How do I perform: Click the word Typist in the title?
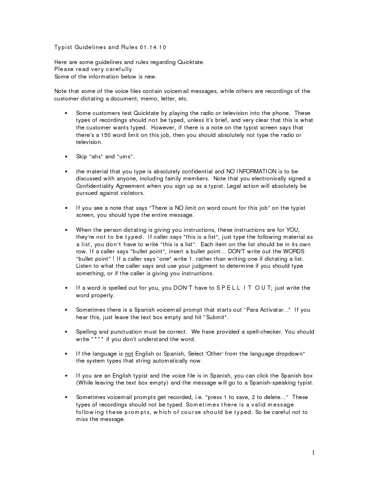(63, 48)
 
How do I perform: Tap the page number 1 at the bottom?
(313, 452)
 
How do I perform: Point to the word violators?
(131, 193)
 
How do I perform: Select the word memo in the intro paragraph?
(147, 99)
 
